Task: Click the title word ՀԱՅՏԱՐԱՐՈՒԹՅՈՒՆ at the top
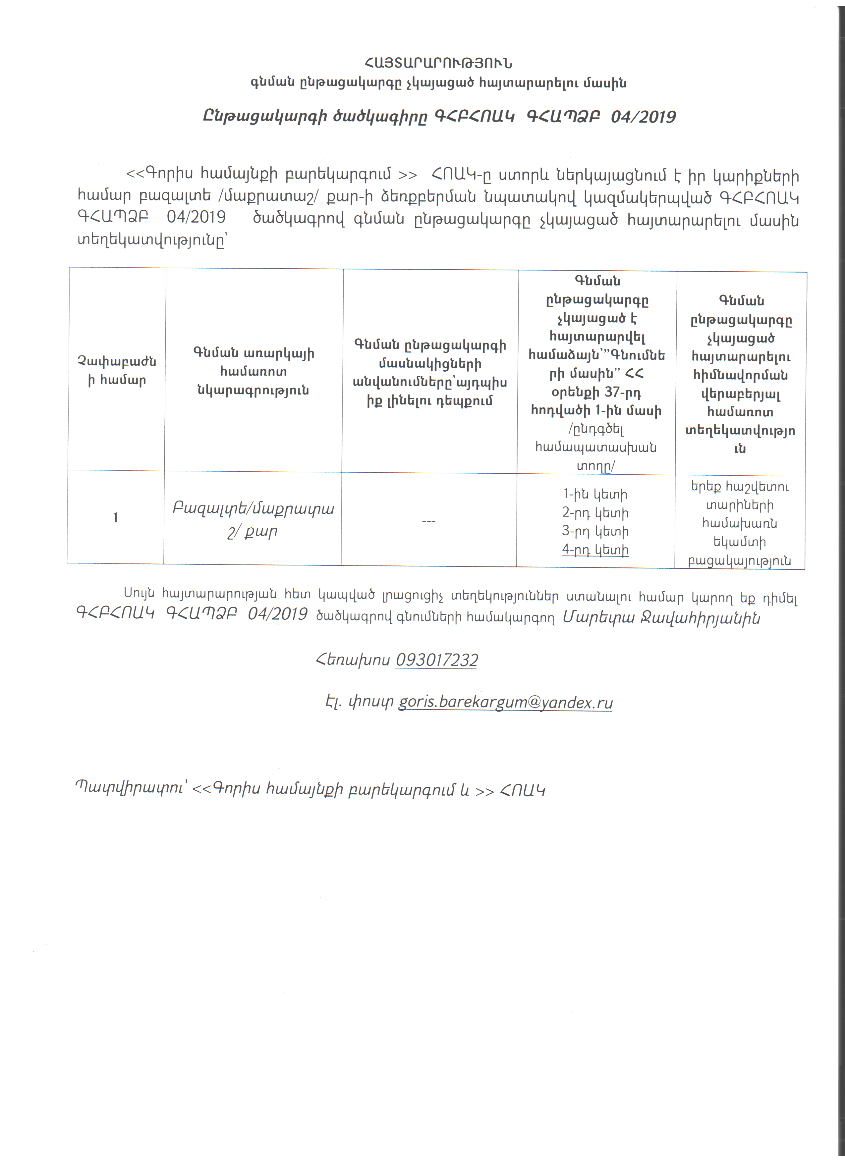438,63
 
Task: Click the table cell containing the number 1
115,517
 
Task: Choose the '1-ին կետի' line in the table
595,495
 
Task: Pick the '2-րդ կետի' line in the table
595,513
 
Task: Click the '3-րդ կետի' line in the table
595,531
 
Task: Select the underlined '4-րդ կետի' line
595,550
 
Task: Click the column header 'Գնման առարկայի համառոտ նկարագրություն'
253,371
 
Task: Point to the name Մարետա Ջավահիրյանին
661,618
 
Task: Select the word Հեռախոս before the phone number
353,660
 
